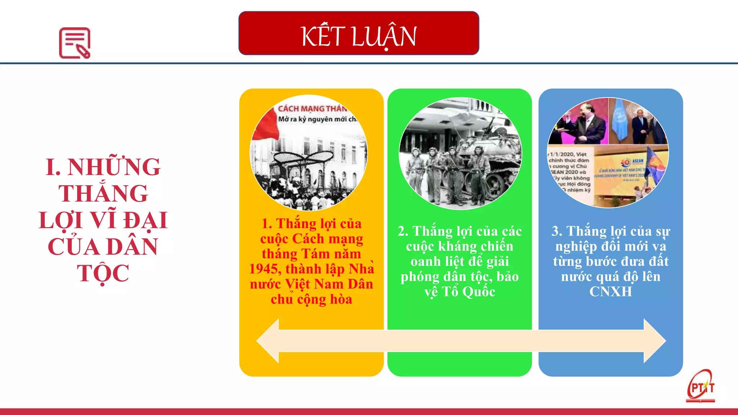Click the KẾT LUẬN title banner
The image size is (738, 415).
pos(359,33)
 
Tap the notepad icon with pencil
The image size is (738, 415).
pos(75,43)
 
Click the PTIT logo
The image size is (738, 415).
pos(701,387)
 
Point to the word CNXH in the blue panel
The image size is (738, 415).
pos(610,291)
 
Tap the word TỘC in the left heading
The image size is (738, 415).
pos(103,273)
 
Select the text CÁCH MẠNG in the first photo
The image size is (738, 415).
pos(301,108)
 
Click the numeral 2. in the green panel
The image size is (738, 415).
pos(403,231)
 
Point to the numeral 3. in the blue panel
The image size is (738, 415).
pos(557,231)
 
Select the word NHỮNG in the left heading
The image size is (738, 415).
pos(114,167)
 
